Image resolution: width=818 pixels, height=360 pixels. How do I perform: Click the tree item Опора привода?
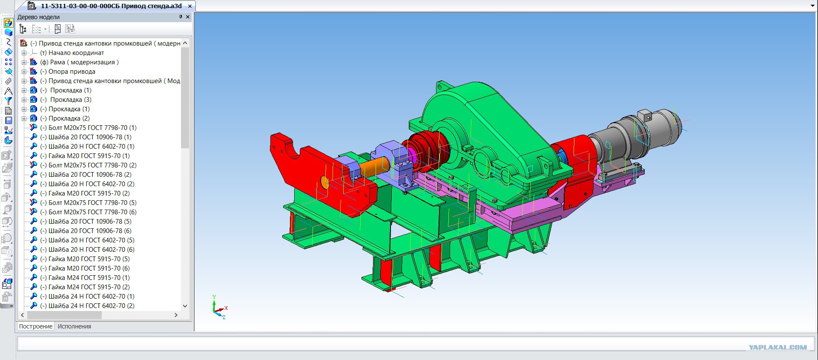[x=72, y=72]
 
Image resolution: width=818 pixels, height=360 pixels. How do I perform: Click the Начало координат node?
[x=76, y=53]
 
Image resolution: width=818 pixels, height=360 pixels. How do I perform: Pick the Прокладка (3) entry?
[x=71, y=100]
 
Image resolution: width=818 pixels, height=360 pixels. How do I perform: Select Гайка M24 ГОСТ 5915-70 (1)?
[x=89, y=278]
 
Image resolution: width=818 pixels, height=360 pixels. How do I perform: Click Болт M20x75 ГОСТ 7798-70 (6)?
[x=92, y=212]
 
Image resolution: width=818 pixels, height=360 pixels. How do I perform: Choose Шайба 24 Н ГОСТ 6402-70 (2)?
[x=92, y=306]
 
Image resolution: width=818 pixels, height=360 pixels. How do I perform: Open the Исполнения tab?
[x=75, y=326]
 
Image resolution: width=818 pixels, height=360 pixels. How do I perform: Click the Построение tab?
[x=36, y=326]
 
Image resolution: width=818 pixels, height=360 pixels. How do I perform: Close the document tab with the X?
[x=190, y=6]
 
